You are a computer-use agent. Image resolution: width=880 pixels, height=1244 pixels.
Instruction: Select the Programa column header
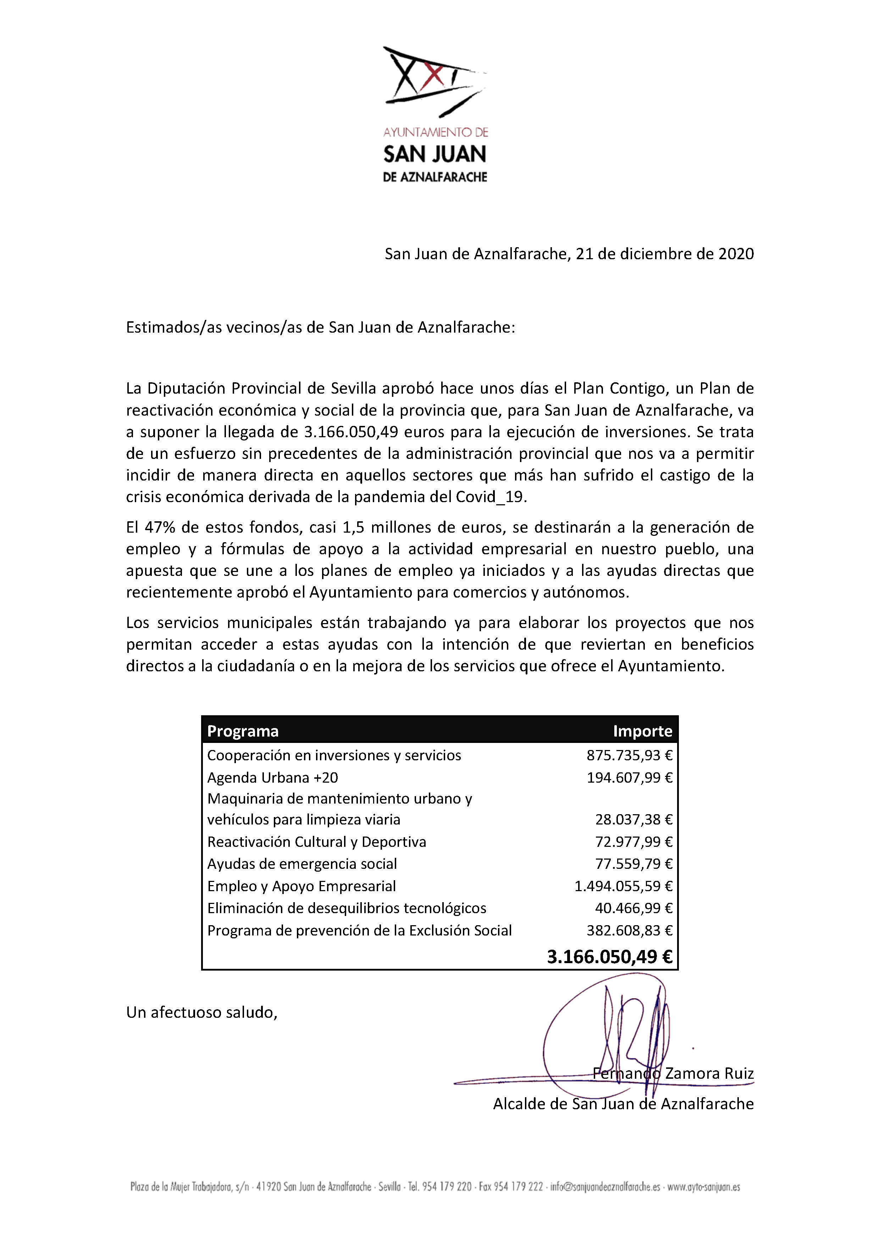[243, 732]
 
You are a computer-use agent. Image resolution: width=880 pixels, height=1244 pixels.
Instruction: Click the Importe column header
[643, 732]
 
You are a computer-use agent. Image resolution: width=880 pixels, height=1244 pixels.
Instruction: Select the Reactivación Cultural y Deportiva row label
[316, 842]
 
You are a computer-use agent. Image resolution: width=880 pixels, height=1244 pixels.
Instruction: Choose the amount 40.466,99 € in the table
[633, 908]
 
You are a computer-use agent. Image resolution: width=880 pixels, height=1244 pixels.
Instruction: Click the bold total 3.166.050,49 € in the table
[610, 957]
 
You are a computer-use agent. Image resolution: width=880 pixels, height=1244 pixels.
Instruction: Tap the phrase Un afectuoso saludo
[201, 1012]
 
